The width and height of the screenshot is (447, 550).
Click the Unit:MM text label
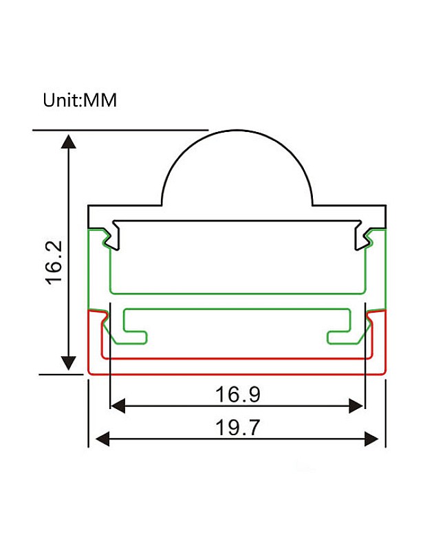click(x=80, y=100)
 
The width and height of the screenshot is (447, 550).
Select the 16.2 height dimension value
click(x=54, y=263)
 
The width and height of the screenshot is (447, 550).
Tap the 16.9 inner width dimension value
click(x=238, y=394)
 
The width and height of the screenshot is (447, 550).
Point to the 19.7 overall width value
click(x=237, y=427)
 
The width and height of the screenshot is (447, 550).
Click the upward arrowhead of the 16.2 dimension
click(x=69, y=142)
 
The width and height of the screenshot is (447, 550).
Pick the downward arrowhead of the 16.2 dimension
click(x=69, y=363)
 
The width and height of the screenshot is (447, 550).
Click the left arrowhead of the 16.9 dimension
click(x=118, y=406)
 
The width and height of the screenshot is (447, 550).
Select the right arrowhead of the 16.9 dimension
click(x=356, y=406)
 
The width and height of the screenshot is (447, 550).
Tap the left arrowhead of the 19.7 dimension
click(x=102, y=439)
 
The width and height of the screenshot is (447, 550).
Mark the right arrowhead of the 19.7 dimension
click(x=371, y=439)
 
